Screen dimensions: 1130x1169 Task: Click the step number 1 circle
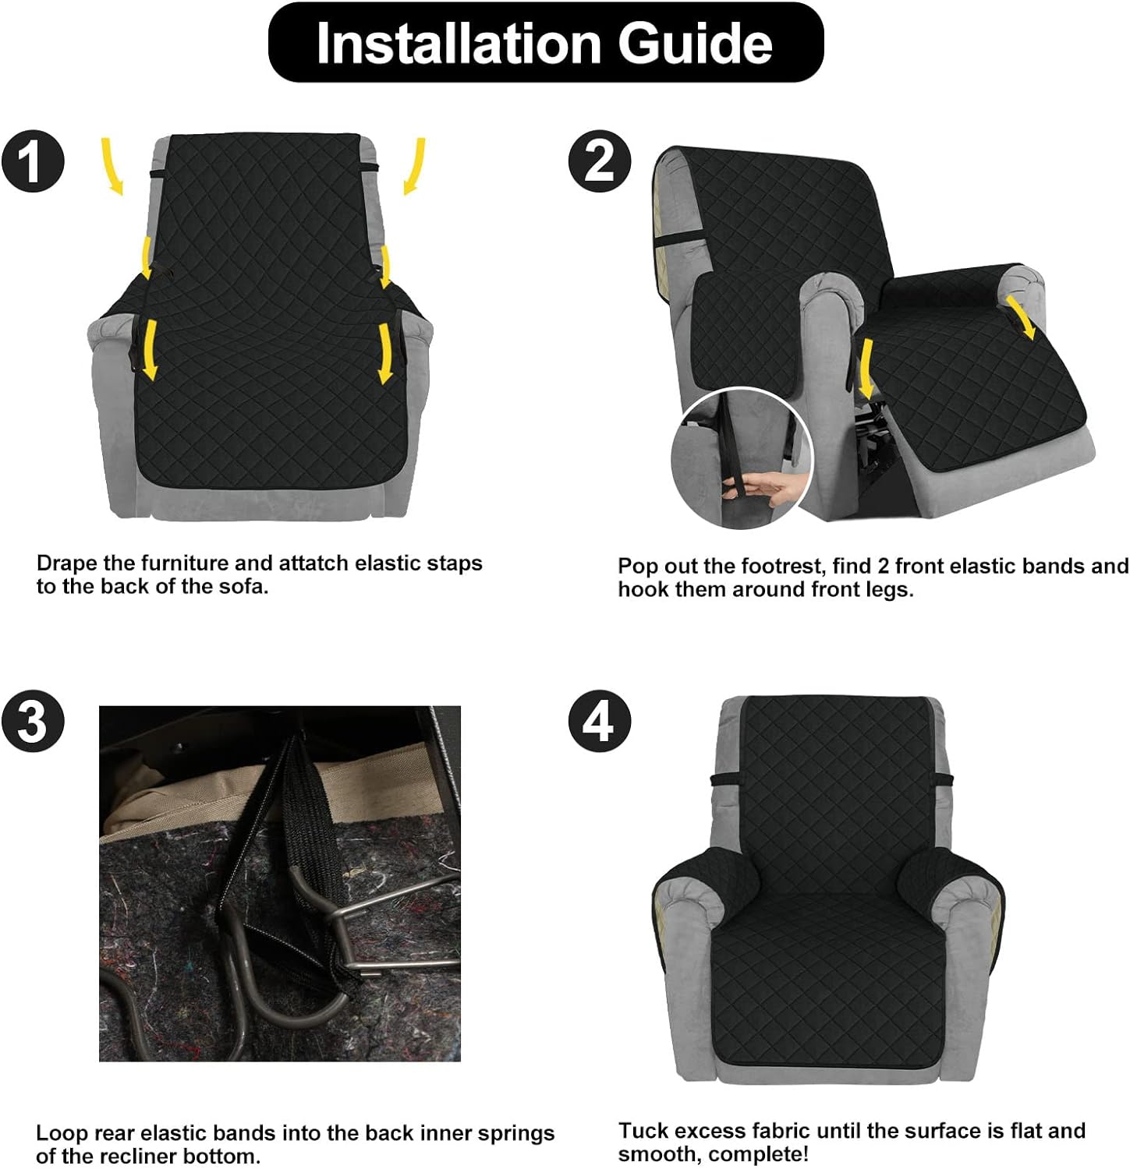click(x=33, y=162)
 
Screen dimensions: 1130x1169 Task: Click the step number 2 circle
click(x=599, y=162)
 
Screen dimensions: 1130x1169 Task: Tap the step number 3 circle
click(x=33, y=721)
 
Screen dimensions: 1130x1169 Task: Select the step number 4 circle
click(x=599, y=721)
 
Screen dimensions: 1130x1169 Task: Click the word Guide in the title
click(x=696, y=43)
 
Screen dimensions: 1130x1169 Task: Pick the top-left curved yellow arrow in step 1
click(x=112, y=165)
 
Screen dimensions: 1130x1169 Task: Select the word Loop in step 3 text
click(x=60, y=1135)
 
